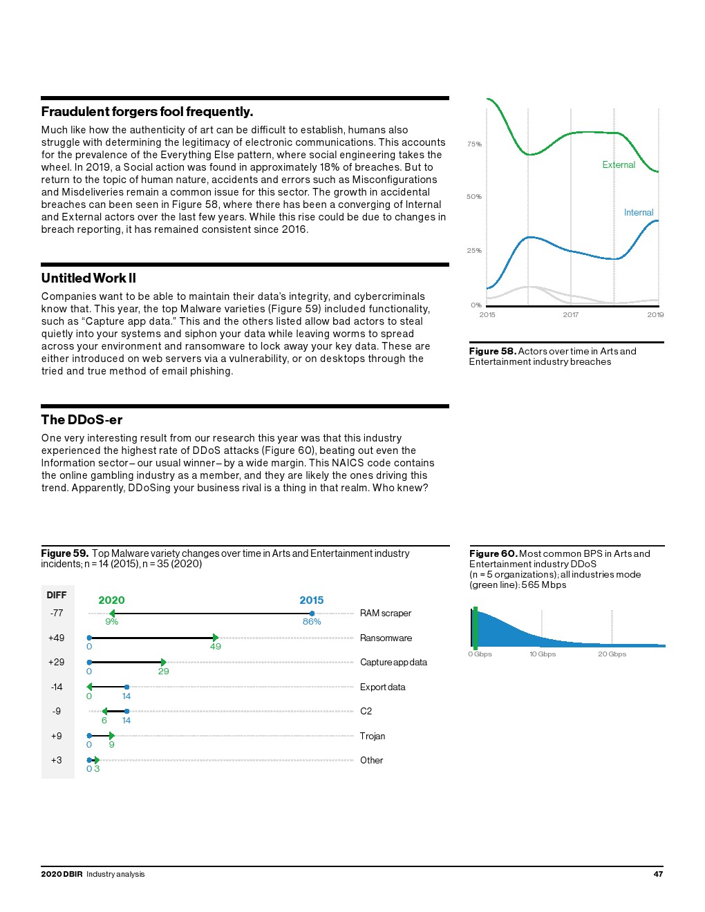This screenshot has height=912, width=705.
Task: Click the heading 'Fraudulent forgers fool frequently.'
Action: tap(147, 112)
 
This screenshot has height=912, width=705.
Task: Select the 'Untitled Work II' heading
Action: tap(88, 278)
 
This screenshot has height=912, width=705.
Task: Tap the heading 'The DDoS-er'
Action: tap(82, 420)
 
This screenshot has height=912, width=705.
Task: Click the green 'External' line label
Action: tap(619, 165)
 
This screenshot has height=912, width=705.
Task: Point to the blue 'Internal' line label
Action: tap(639, 213)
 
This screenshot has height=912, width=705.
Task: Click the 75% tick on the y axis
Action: tap(474, 144)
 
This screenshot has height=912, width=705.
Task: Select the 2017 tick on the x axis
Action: tap(570, 315)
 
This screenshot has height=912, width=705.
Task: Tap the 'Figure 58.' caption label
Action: tap(492, 352)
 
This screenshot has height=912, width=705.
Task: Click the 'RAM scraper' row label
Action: tap(385, 614)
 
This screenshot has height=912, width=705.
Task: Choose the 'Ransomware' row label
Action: tap(386, 638)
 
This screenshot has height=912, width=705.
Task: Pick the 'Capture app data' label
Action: tap(393, 663)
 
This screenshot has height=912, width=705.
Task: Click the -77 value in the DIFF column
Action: tap(57, 614)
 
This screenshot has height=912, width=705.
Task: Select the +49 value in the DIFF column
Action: tap(57, 638)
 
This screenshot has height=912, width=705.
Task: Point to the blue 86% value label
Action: tap(312, 622)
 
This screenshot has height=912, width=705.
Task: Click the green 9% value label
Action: tap(112, 622)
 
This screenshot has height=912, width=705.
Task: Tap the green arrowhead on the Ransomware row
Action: tap(215, 638)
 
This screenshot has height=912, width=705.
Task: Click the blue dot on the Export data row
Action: tap(126, 687)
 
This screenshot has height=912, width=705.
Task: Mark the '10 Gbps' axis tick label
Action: tap(543, 654)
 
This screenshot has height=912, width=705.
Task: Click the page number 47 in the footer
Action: tap(658, 874)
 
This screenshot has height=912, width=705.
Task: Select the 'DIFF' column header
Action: tap(57, 596)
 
